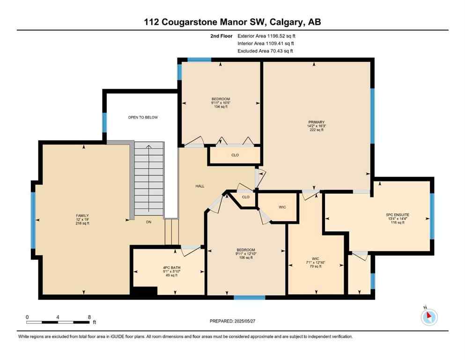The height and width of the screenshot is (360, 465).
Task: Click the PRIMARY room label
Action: pos(316,122)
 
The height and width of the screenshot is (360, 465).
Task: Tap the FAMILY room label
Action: pos(82,216)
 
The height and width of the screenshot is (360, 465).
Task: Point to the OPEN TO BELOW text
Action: pos(143,117)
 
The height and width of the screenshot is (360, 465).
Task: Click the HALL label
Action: pos(200,186)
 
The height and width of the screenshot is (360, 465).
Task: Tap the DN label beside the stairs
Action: pos(148,222)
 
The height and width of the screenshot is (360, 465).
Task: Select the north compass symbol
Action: pos(428,317)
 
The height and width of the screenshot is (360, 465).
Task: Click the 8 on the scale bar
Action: pos(89,317)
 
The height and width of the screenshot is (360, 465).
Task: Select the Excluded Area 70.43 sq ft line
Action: pos(266,51)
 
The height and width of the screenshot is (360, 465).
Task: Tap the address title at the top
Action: pos(232,22)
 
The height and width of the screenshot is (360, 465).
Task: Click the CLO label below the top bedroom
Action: pos(235,155)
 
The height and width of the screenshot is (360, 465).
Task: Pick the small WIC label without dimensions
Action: pos(282,207)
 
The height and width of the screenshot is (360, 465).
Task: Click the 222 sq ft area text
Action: pos(316,130)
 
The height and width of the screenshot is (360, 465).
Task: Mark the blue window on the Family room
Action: pos(33,219)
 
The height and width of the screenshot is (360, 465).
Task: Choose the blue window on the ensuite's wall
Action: pos(432,216)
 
